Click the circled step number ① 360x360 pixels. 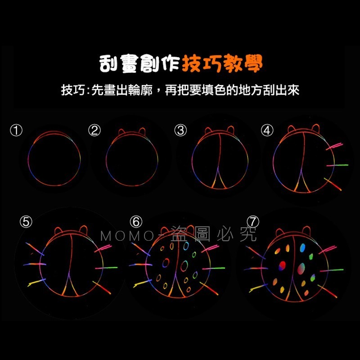(x=16, y=130)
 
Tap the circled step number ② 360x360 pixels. (x=94, y=130)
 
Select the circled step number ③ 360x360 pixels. (x=180, y=130)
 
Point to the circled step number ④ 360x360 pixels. (x=267, y=130)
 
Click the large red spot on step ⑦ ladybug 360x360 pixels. (x=283, y=264)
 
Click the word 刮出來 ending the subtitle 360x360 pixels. (x=282, y=90)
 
